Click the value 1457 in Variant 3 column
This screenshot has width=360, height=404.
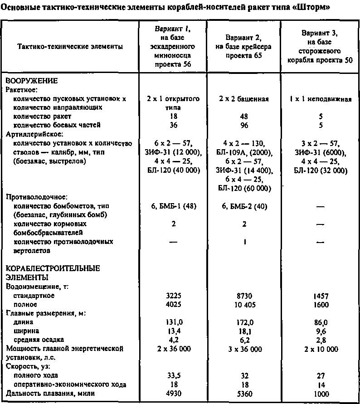[x=320, y=296]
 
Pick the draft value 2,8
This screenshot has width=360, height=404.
[x=320, y=340]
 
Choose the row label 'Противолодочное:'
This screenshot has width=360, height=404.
[x=34, y=197]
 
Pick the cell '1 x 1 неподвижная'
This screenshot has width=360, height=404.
[x=320, y=99]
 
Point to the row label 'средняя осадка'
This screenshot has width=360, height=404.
[x=39, y=340]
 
